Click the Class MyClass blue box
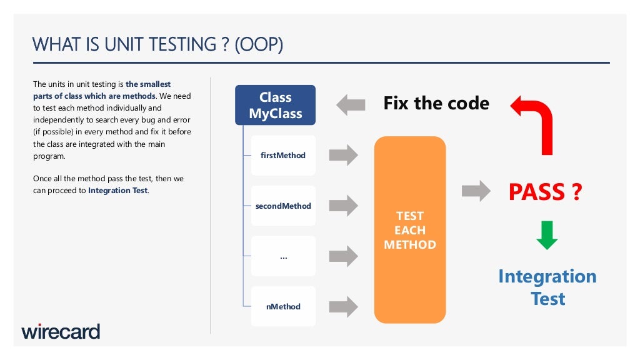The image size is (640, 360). click(x=275, y=105)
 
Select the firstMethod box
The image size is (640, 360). click(x=283, y=155)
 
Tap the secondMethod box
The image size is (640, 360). click(x=283, y=206)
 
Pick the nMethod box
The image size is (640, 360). click(x=283, y=306)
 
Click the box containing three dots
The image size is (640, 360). click(x=283, y=256)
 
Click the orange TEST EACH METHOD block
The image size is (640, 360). click(x=409, y=230)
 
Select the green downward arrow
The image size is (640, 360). click(x=547, y=235)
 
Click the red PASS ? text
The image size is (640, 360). click(x=545, y=192)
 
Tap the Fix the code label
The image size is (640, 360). click(x=436, y=103)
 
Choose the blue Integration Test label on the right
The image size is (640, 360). click(x=547, y=287)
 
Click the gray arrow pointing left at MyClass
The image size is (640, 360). click(x=350, y=104)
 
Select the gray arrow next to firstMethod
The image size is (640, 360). click(x=343, y=155)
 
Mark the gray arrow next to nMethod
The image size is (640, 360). click(x=343, y=306)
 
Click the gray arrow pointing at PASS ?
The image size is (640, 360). click(x=476, y=191)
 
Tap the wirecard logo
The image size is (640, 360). click(x=61, y=331)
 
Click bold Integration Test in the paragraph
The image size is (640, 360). click(x=118, y=191)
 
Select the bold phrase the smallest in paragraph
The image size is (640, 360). click(x=148, y=84)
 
